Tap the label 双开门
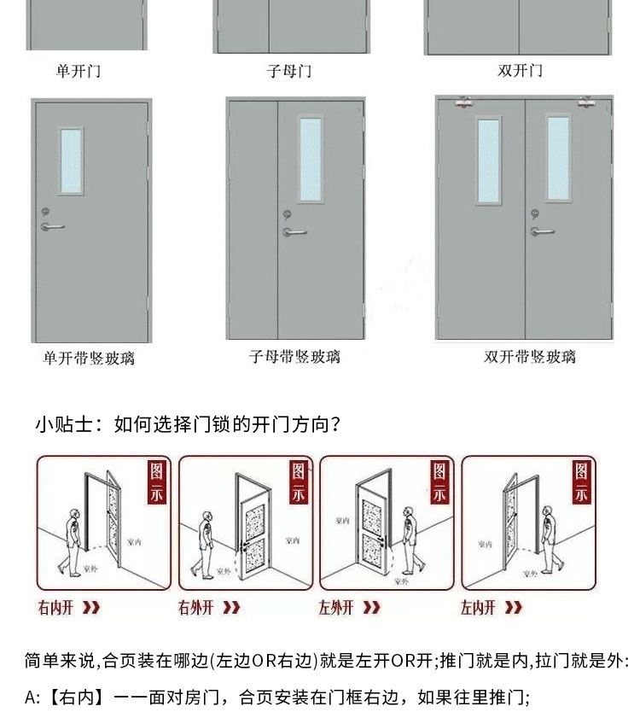520,70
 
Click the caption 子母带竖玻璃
294,357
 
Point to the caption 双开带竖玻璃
529,357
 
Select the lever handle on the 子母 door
294,231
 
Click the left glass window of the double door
489,160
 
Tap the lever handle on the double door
542,231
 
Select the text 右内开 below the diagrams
56,608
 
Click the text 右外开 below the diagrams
196,608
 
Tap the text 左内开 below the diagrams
478,608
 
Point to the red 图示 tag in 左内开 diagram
581,482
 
